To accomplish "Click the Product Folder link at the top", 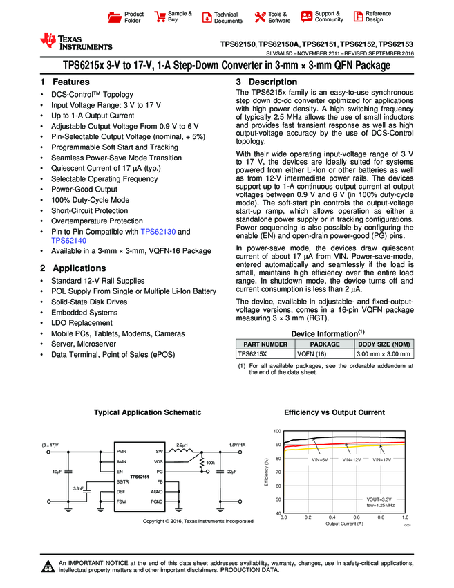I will click(133, 17).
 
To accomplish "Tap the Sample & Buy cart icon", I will click(160, 17).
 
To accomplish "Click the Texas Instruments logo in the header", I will click(76, 41).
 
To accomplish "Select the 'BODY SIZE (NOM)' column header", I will click(384, 343).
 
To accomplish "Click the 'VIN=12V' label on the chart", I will click(352, 459).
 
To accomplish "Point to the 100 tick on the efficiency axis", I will click(277, 431).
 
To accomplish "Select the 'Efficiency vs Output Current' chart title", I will click(334, 412).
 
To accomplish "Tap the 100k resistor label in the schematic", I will click(211, 462).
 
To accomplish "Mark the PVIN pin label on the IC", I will click(122, 451).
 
